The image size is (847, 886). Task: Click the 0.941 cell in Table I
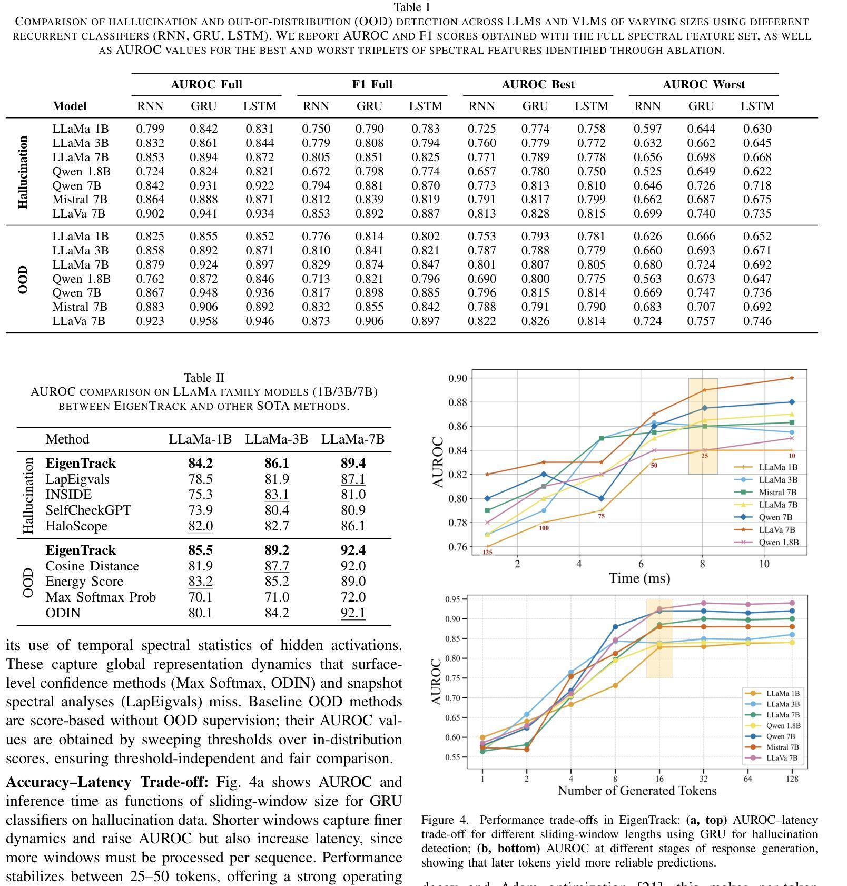(x=203, y=214)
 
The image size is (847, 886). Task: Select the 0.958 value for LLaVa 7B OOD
(x=203, y=321)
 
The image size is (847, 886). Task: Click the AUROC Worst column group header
(x=703, y=85)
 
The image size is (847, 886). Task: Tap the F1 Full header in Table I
(x=372, y=85)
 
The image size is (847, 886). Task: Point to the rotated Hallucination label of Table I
(x=23, y=172)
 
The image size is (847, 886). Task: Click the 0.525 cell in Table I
(x=647, y=172)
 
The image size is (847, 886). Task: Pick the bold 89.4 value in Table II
(x=352, y=464)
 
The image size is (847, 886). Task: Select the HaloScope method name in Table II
(x=76, y=526)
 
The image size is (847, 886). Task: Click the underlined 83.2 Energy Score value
(x=200, y=582)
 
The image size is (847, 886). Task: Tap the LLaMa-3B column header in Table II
(x=276, y=439)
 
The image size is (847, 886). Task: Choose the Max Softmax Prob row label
(x=101, y=597)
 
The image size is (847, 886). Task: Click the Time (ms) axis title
(x=639, y=578)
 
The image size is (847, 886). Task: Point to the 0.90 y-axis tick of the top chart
(x=457, y=378)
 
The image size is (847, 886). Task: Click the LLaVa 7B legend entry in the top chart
(x=777, y=530)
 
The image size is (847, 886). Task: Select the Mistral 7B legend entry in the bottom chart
(x=782, y=747)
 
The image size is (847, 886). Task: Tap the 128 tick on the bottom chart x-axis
(x=792, y=779)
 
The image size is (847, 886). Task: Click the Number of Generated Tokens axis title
(x=637, y=791)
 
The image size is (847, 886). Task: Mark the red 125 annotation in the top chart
(x=487, y=553)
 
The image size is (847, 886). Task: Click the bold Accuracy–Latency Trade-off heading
(x=107, y=783)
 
